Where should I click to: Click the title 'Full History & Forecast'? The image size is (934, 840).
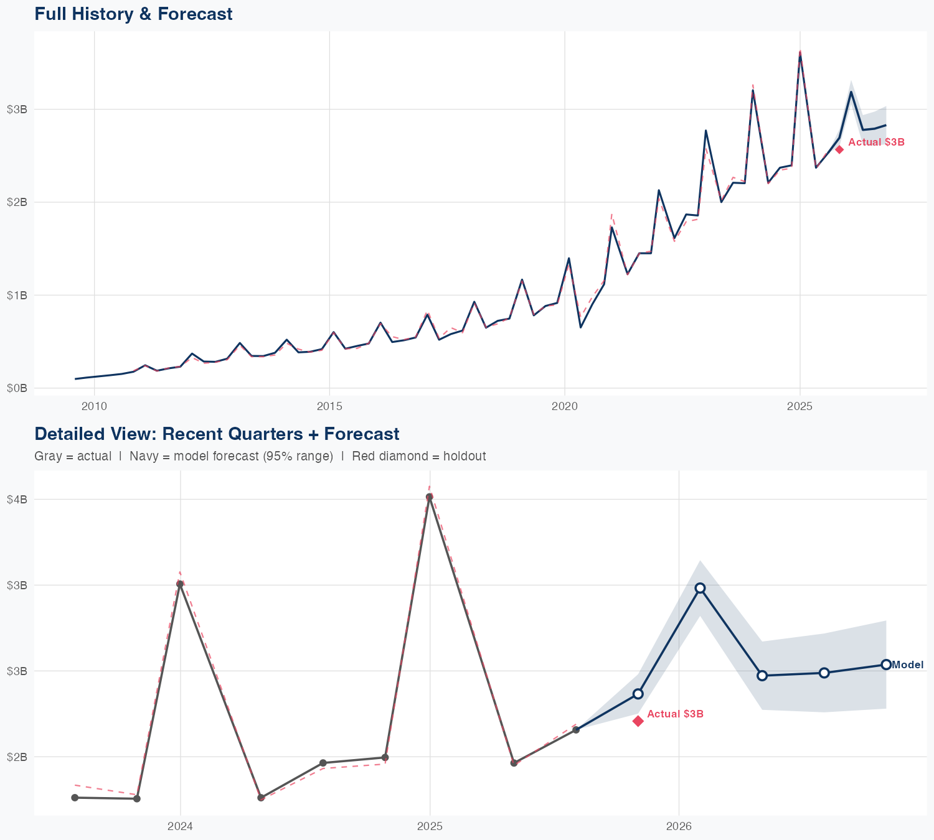[133, 14]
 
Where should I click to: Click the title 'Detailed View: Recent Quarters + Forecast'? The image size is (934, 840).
[217, 434]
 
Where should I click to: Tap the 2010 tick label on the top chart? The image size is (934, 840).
[94, 406]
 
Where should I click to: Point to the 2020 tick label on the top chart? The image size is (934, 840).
[565, 406]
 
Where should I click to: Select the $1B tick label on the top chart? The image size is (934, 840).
[17, 295]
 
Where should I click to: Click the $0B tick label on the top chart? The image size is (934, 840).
[17, 388]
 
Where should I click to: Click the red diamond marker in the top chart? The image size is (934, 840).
[839, 149]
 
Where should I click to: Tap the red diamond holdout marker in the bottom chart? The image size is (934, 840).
[638, 721]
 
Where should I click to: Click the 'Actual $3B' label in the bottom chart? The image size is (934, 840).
[675, 714]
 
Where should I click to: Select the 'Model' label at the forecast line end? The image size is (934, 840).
[908, 665]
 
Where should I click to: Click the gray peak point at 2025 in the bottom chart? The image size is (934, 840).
[430, 497]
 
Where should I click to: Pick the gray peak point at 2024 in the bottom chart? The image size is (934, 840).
[180, 584]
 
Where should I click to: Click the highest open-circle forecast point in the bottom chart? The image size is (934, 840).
[700, 588]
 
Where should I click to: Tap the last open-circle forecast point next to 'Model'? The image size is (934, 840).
[886, 665]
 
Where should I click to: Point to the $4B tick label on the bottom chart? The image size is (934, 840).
[17, 499]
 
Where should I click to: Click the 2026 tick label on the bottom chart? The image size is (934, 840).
[679, 826]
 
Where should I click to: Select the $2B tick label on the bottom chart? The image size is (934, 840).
[17, 757]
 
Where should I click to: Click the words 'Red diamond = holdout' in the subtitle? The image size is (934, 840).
[418, 456]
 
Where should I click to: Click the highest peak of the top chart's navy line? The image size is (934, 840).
[800, 54]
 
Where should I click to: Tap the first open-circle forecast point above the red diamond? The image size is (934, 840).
[638, 694]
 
